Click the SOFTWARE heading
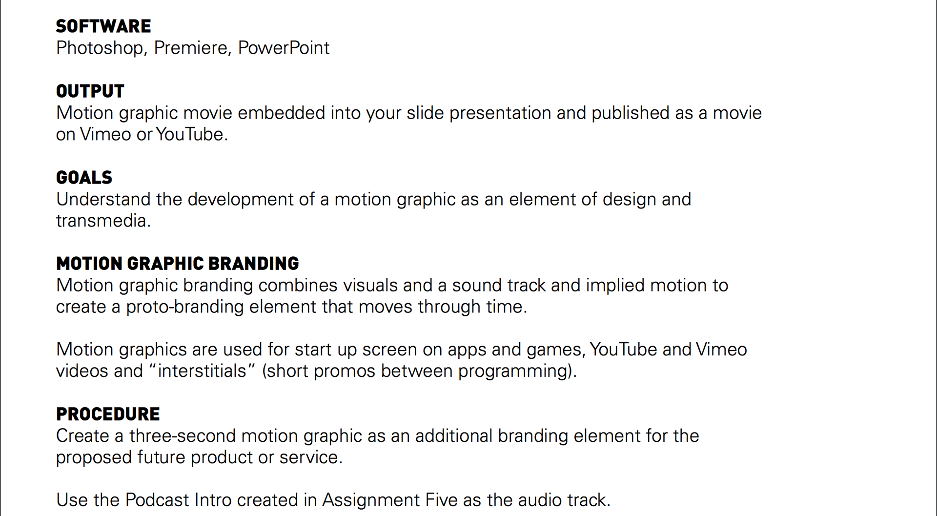coord(103,26)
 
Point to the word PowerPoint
coord(284,48)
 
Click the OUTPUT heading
coord(90,91)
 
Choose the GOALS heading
coord(84,178)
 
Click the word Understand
coord(103,199)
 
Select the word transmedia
coord(103,221)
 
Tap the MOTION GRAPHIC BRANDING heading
coord(178,264)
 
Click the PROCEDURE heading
coord(108,414)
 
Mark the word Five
coord(442,500)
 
